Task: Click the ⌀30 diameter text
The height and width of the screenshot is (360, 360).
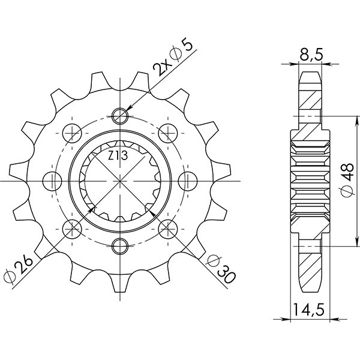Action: click(220, 268)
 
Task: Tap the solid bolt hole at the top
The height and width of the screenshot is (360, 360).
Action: click(121, 115)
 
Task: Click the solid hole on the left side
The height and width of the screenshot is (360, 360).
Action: click(53, 179)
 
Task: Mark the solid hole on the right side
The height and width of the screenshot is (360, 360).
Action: click(187, 179)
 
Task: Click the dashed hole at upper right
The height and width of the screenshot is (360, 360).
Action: click(167, 131)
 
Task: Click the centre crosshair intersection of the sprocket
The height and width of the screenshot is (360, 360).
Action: click(121, 179)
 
